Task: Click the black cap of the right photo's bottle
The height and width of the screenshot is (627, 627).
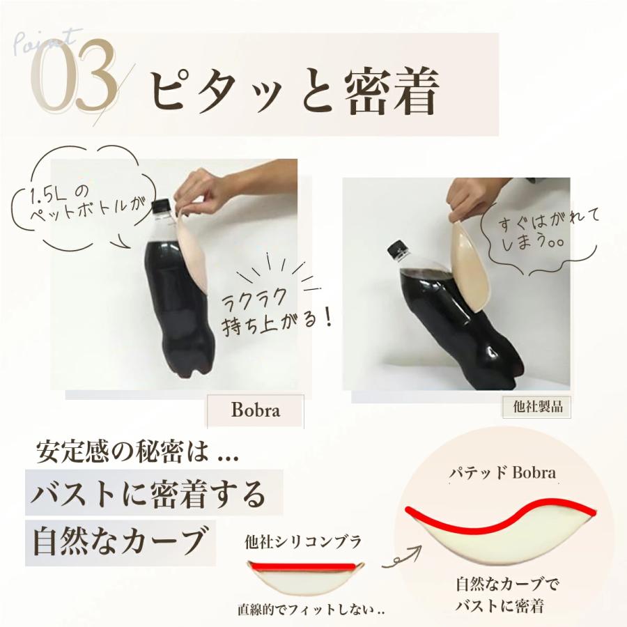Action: [398, 248]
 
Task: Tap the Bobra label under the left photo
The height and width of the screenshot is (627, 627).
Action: [255, 410]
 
